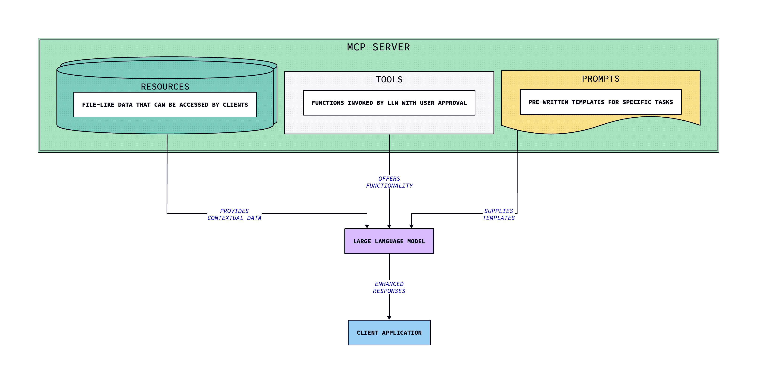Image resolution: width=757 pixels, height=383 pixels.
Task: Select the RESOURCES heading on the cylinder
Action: pyautogui.click(x=165, y=87)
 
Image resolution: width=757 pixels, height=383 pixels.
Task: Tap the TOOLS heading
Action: pyautogui.click(x=389, y=80)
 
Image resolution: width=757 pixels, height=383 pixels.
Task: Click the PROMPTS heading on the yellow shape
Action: pyautogui.click(x=600, y=79)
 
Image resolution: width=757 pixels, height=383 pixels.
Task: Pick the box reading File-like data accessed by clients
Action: pyautogui.click(x=165, y=105)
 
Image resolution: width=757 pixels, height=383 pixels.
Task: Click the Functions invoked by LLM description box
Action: pyautogui.click(x=389, y=103)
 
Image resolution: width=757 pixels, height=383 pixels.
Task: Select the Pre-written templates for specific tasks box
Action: pyautogui.click(x=600, y=102)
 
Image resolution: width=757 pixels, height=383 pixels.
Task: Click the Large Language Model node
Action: pyautogui.click(x=389, y=241)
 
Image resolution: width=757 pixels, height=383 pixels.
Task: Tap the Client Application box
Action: pyautogui.click(x=389, y=332)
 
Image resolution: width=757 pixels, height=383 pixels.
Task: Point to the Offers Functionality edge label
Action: pyautogui.click(x=389, y=182)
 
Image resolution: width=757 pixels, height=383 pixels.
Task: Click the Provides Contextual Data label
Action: pyautogui.click(x=234, y=214)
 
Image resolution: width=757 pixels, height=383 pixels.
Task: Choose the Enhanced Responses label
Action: pyautogui.click(x=389, y=287)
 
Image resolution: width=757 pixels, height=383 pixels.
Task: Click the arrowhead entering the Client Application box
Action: pyautogui.click(x=389, y=318)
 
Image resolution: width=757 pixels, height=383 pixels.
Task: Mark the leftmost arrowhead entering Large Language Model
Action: pyautogui.click(x=367, y=226)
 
